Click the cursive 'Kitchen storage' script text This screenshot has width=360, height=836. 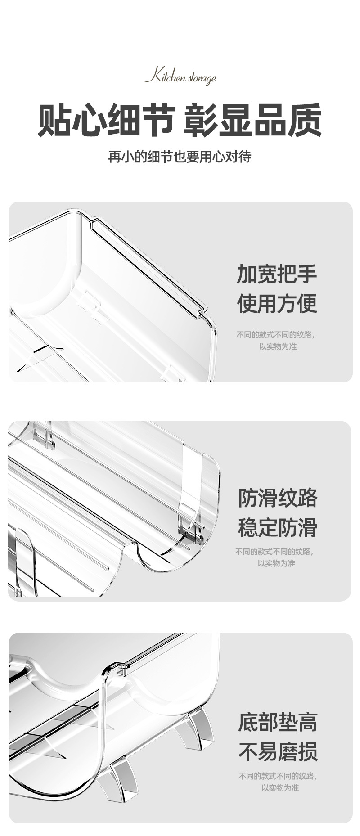(180, 77)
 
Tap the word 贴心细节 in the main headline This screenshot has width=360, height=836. (106, 120)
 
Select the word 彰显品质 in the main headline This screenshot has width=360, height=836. (253, 120)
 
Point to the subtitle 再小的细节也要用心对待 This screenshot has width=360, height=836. (180, 157)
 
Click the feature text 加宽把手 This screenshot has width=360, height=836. (277, 274)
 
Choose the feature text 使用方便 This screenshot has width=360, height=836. (277, 303)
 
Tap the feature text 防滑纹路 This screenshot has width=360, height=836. (278, 498)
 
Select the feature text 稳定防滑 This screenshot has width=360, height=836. (278, 527)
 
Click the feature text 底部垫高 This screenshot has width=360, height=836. (278, 722)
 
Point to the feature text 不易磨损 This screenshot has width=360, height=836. (278, 751)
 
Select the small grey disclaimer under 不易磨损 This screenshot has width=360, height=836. (278, 782)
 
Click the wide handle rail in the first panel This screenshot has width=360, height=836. (148, 265)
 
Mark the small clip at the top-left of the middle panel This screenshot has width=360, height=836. (43, 435)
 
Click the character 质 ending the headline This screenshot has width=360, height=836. (305, 120)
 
